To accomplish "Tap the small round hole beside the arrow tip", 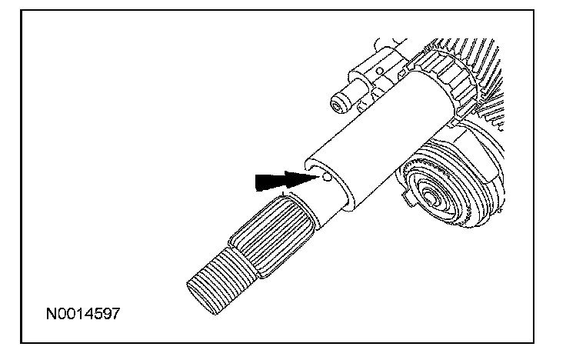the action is point(328,178).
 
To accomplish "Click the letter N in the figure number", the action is point(50,315).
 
